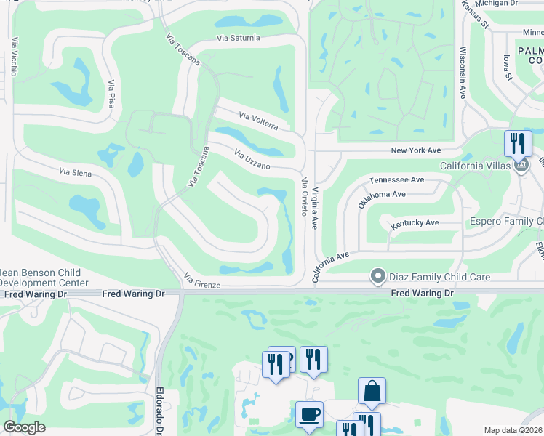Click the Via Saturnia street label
238,39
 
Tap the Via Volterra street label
258,121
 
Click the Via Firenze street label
202,281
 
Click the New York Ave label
416,150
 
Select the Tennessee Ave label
396,179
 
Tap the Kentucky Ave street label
415,223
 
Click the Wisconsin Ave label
462,73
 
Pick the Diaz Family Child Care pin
377,276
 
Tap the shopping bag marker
372,390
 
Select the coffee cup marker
309,414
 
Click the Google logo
25,427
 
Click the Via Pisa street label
111,95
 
